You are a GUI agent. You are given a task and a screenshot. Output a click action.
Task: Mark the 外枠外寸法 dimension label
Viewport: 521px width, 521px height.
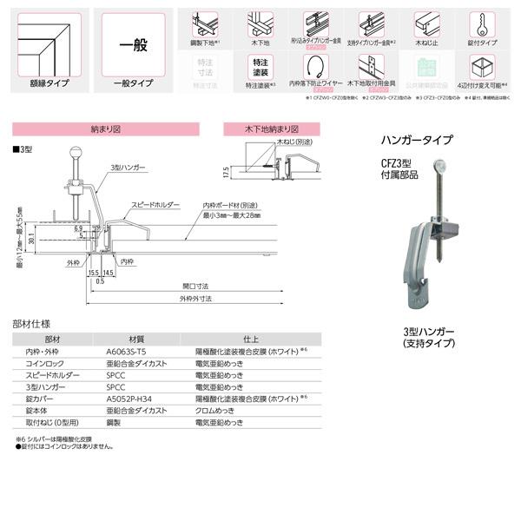coord(194,299)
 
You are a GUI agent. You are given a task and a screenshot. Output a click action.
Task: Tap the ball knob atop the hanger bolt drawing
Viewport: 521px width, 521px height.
coord(75,156)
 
